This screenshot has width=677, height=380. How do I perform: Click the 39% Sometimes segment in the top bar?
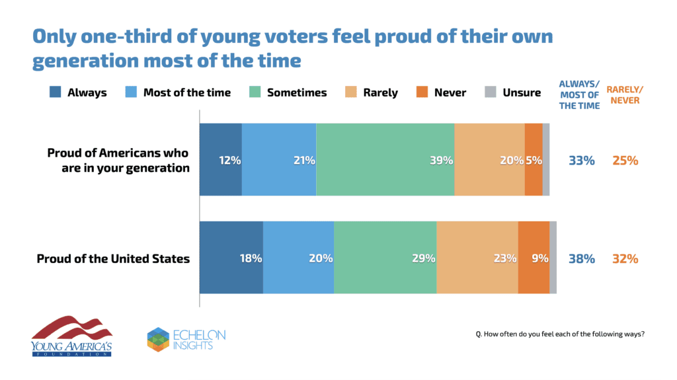pos(385,159)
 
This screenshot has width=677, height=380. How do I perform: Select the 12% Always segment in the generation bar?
pos(220,159)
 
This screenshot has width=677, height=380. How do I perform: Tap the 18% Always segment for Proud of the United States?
pos(231,258)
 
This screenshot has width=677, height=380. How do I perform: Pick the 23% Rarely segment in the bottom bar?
pos(477,258)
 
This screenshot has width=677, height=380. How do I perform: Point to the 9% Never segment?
pos(533,258)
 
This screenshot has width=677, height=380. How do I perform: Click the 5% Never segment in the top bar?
pos(533,159)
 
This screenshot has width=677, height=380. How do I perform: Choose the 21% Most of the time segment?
pos(278,159)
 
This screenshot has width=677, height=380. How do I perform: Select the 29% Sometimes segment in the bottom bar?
pos(385,258)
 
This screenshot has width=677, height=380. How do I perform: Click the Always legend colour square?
pos(56,93)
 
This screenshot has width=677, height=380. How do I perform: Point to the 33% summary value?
pos(582,160)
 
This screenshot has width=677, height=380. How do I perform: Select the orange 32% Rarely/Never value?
pos(624,258)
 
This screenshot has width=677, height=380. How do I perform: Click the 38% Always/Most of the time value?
pos(582,258)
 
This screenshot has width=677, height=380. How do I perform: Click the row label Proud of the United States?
pos(113,258)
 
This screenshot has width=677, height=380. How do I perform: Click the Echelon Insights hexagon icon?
pos(158,338)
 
